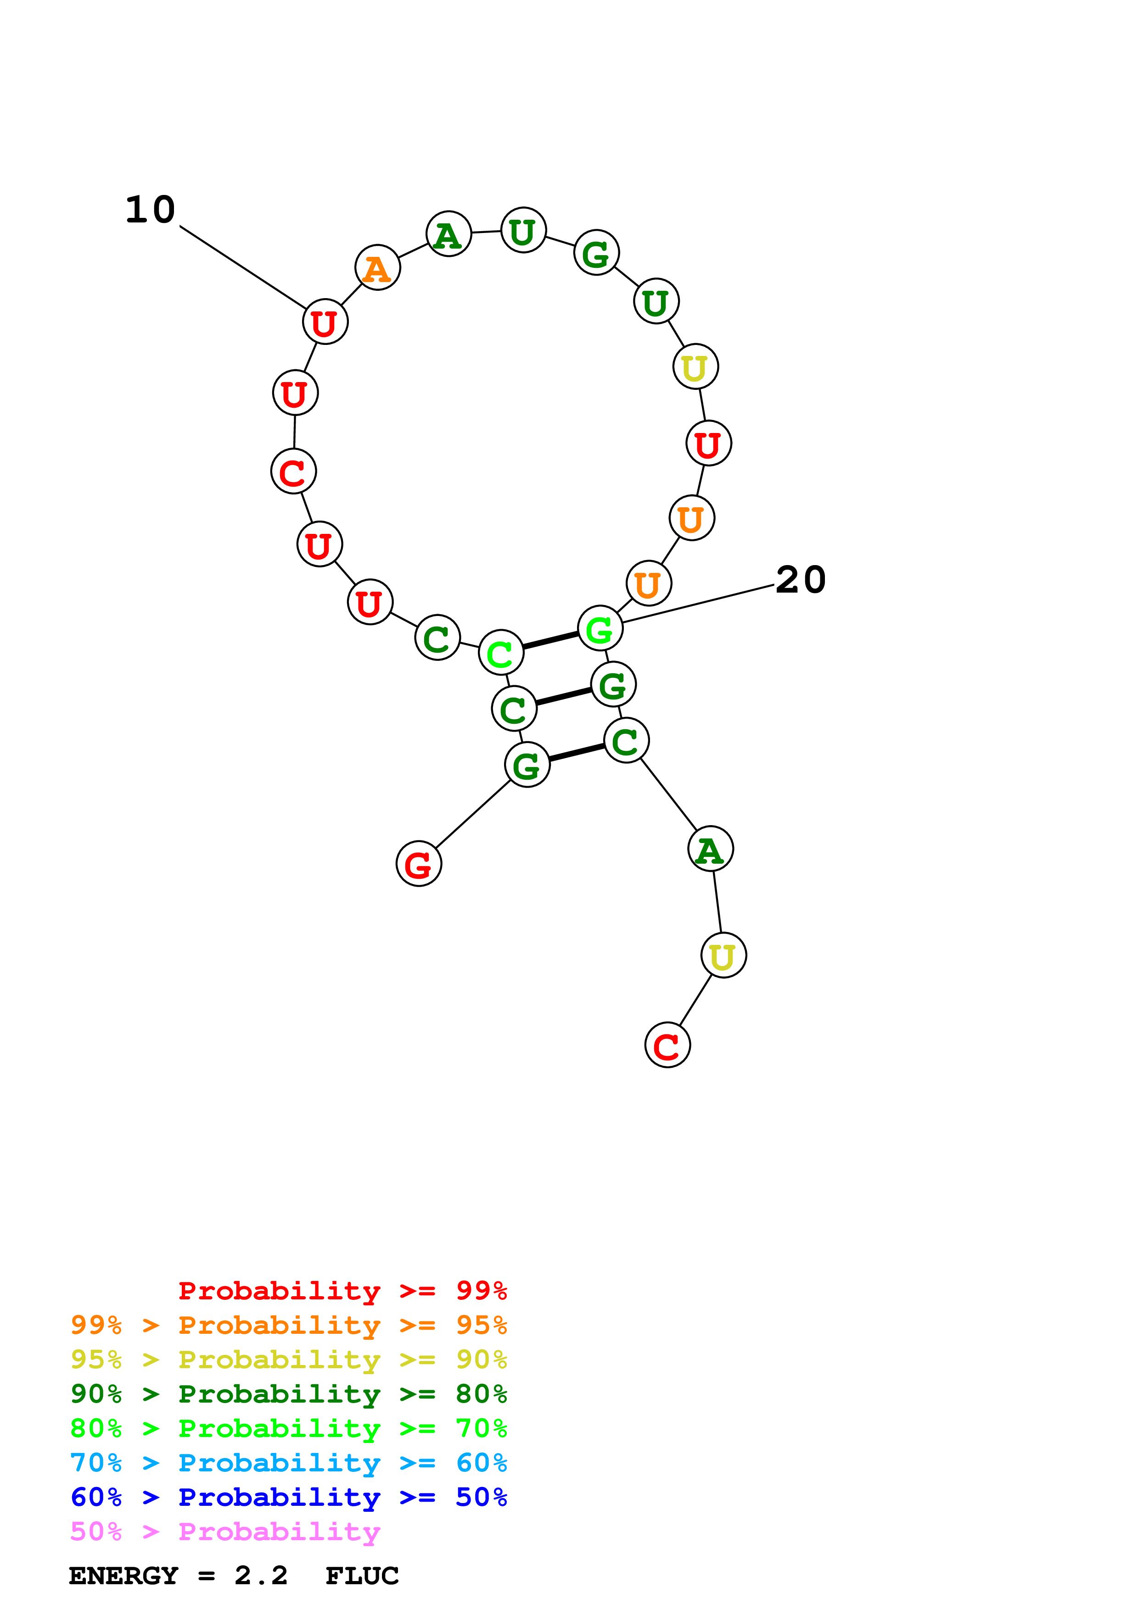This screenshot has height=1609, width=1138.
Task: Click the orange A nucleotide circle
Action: [377, 268]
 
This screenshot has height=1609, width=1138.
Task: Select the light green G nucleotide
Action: [600, 629]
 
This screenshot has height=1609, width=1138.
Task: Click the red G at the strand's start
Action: [419, 864]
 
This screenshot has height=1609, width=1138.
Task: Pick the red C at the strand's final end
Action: [667, 1046]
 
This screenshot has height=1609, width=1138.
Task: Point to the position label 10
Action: [150, 210]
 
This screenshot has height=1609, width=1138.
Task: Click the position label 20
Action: [801, 580]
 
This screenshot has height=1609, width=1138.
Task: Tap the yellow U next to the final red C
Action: [723, 955]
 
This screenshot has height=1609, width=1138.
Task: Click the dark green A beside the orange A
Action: [448, 234]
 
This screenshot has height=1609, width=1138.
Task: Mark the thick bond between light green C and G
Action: [550, 640]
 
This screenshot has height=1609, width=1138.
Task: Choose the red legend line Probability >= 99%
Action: [342, 1290]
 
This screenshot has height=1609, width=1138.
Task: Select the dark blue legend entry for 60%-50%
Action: [288, 1497]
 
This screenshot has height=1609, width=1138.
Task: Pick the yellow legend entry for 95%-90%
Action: [288, 1359]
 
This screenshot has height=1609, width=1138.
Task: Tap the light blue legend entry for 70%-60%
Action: [288, 1463]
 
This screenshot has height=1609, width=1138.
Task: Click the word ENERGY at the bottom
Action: [123, 1576]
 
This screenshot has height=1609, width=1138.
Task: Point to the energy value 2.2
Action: [261, 1576]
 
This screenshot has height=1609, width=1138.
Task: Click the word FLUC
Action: [362, 1576]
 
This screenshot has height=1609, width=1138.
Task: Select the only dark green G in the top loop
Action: [596, 253]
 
